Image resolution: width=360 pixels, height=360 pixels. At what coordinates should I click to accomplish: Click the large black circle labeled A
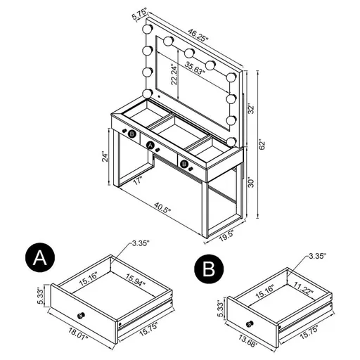(39, 258)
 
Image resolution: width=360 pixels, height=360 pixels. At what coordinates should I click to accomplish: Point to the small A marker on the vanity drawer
(149, 145)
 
